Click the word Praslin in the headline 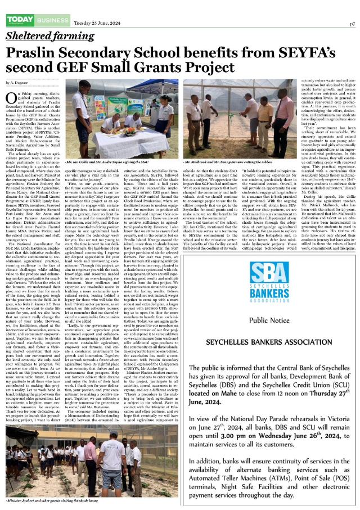coord(30,54)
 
